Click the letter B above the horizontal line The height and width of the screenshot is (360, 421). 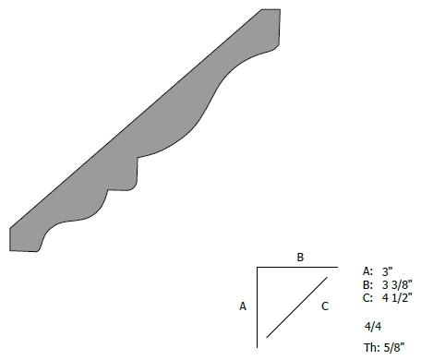300,257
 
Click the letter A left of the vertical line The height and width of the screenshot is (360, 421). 243,306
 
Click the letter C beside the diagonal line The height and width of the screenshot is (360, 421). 325,306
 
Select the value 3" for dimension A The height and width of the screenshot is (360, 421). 388,271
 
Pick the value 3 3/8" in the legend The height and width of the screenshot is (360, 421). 397,285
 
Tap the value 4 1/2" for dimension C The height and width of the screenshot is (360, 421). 397,298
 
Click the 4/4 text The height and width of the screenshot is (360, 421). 373,327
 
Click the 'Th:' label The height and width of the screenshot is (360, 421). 372,348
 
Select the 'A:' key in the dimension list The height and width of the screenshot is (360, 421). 367,271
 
